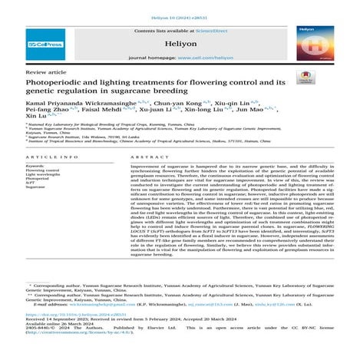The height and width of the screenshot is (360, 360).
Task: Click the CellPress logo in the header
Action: click(x=46, y=45)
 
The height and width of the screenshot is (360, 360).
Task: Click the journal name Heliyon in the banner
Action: click(x=180, y=45)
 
